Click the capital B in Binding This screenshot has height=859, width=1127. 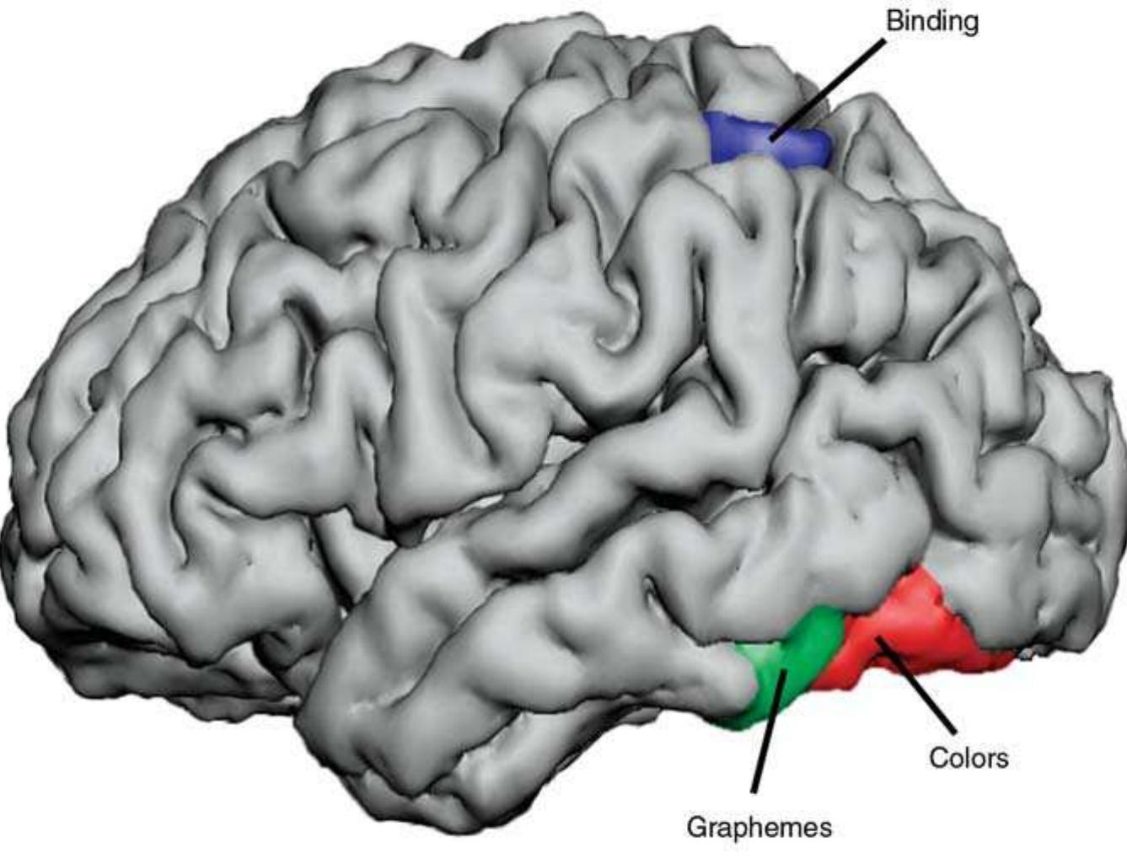pyautogui.click(x=895, y=22)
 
